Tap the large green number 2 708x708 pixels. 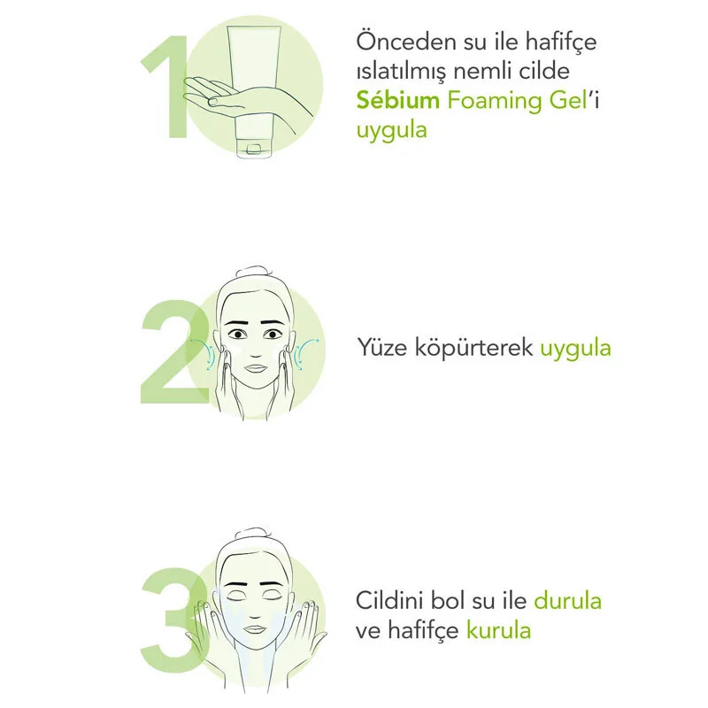[x=173, y=352]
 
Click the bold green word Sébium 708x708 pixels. [x=397, y=100]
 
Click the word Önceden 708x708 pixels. [x=406, y=41]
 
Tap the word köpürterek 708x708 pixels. [x=473, y=349]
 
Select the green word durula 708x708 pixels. [x=567, y=601]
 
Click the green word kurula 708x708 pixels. [x=498, y=630]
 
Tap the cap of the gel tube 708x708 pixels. [x=254, y=149]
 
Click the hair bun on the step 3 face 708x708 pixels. [x=254, y=533]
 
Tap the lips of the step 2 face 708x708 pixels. [x=256, y=367]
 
